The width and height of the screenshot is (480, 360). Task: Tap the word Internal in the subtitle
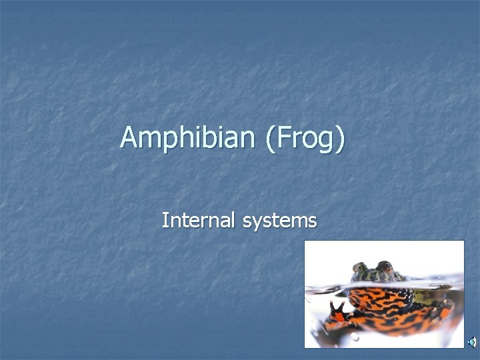pyautogui.click(x=199, y=220)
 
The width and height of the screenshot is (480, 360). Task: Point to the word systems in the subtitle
pyautogui.click(x=279, y=221)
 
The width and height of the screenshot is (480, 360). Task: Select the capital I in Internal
pyautogui.click(x=165, y=220)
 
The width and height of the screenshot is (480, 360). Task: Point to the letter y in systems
pyautogui.click(x=257, y=223)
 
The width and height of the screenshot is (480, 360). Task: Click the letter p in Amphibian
pyautogui.click(x=166, y=141)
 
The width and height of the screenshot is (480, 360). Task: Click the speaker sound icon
pyautogui.click(x=471, y=341)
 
